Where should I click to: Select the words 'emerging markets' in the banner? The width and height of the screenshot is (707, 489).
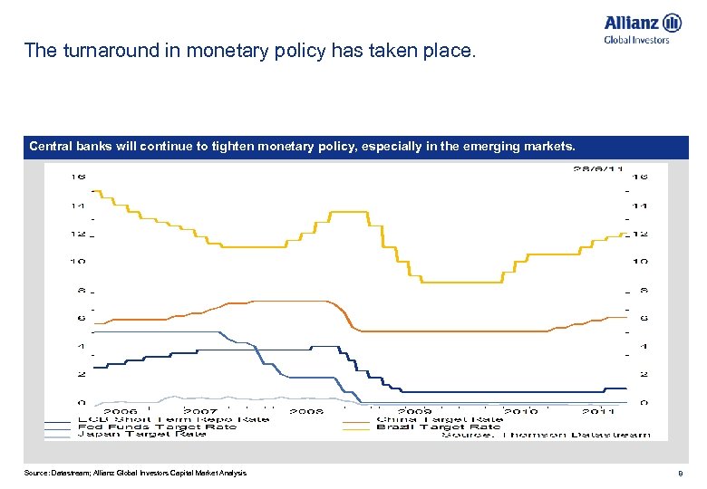[x=519, y=146]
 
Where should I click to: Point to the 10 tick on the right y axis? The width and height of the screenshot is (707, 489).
[x=640, y=262]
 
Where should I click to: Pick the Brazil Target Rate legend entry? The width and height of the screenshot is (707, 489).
[x=438, y=427]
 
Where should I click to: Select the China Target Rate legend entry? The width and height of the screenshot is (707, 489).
[x=439, y=419]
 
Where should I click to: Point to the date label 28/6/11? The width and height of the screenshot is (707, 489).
[x=597, y=168]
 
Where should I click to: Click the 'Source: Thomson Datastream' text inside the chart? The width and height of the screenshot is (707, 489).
[x=547, y=435]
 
